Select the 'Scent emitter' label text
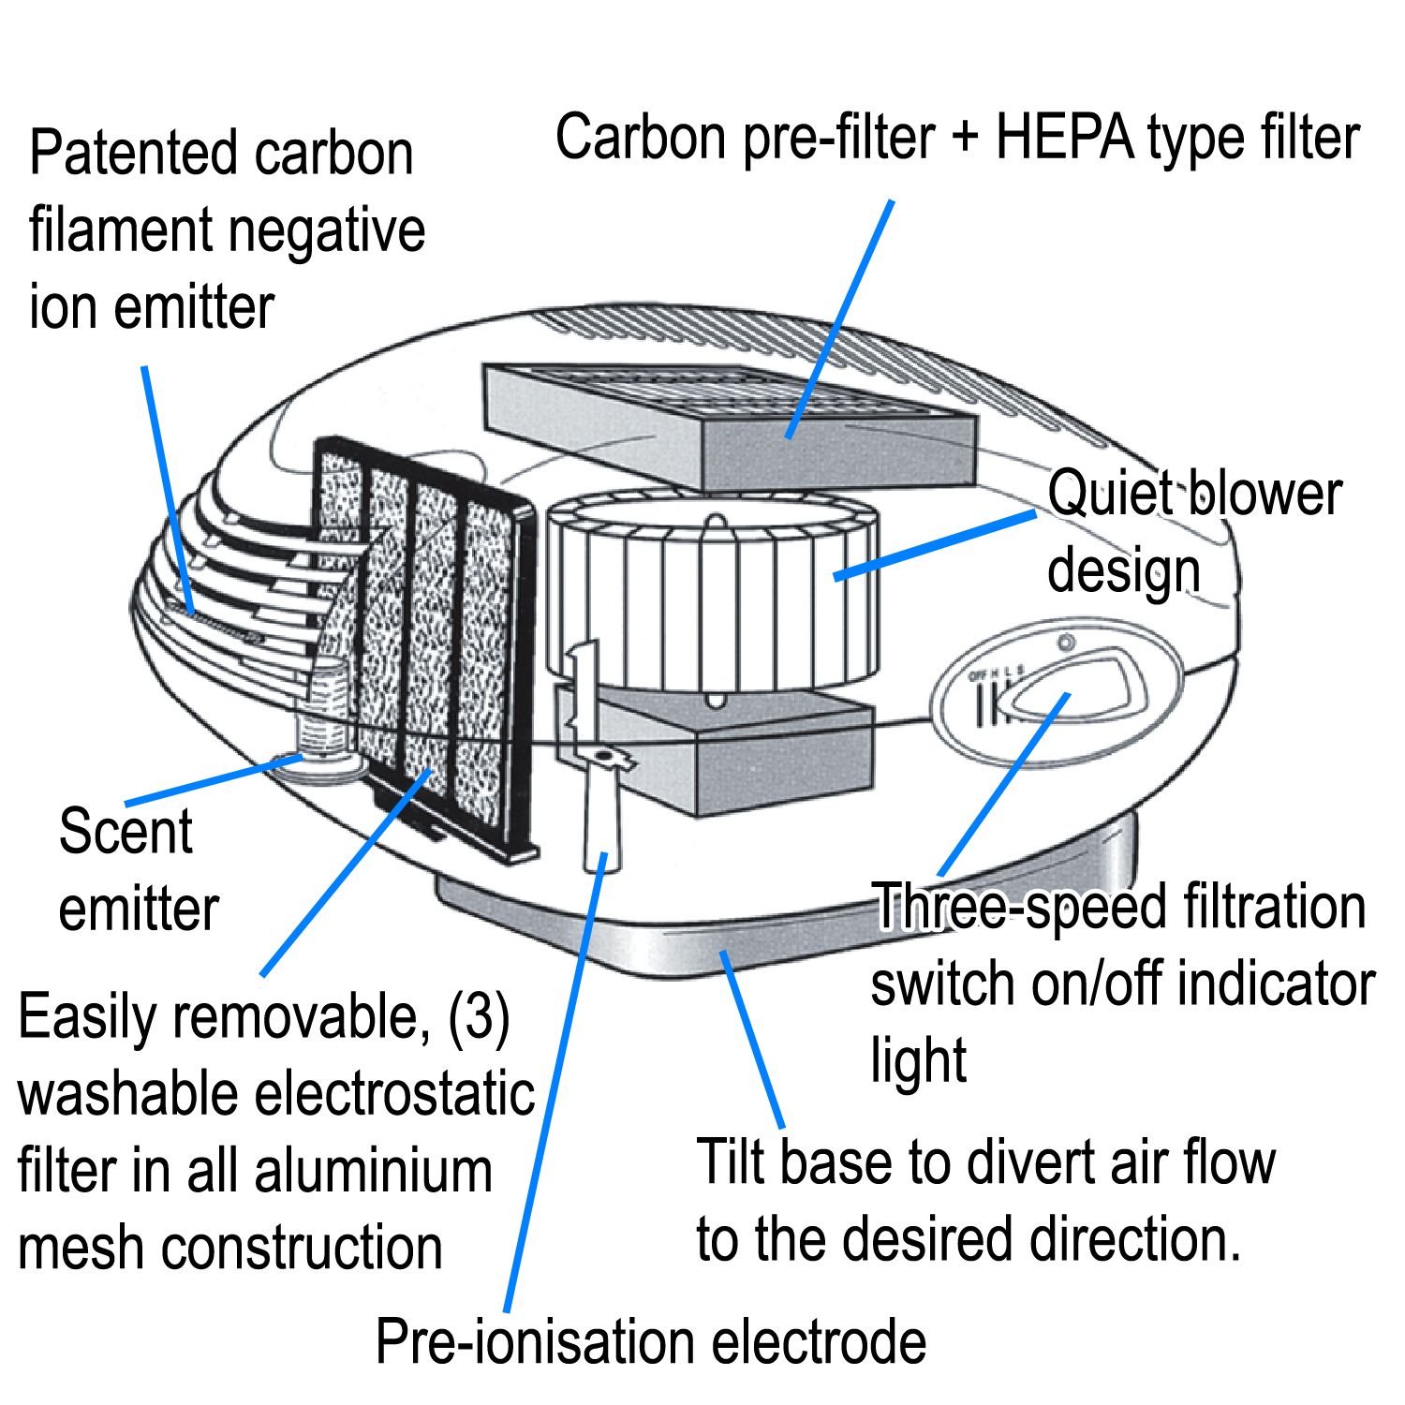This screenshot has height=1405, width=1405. click(138, 869)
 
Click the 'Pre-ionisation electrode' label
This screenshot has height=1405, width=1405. click(650, 1341)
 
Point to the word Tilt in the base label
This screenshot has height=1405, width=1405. click(731, 1162)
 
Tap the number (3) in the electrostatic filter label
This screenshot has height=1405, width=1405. click(479, 1016)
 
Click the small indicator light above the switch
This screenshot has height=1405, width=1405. click(1064, 643)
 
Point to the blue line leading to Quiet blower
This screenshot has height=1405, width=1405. click(937, 543)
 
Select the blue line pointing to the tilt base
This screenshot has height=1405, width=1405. click(752, 1040)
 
